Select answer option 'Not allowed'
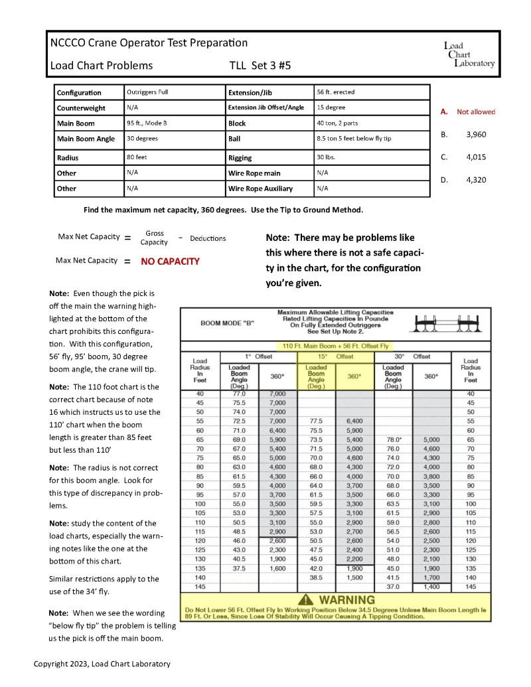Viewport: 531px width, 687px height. [x=475, y=112]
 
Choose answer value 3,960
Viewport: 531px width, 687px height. [x=476, y=135]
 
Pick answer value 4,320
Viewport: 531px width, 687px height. [x=476, y=179]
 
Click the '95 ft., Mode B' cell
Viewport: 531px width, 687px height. [x=147, y=123]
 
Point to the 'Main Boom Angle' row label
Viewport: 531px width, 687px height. [x=86, y=139]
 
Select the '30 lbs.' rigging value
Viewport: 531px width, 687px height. [x=326, y=157]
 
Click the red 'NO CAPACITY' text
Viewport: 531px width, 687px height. [x=170, y=262]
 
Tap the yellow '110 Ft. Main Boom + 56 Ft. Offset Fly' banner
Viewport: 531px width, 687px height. [x=337, y=346]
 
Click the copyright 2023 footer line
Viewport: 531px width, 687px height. [x=102, y=663]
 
